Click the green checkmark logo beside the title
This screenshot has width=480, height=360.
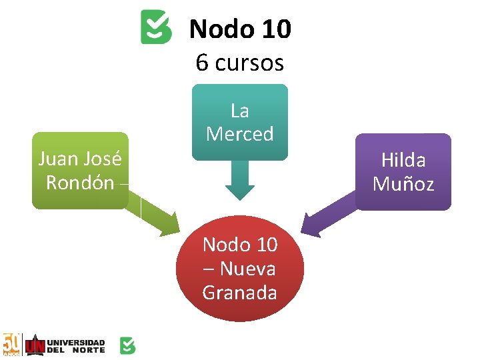point(156,27)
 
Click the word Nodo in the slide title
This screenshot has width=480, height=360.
point(212,29)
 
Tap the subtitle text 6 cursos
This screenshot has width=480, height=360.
point(240,63)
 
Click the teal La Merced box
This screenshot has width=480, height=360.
point(240,122)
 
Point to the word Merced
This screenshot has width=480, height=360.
point(240,134)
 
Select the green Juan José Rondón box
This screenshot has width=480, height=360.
point(80,171)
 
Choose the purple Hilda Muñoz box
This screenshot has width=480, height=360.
point(403,172)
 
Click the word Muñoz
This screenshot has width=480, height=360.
point(403,184)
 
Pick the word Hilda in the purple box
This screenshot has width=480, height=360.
point(403,160)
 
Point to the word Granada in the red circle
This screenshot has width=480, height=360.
point(240,293)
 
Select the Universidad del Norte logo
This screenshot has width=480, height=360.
point(65,345)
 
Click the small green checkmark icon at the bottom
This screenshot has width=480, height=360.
point(127,345)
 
